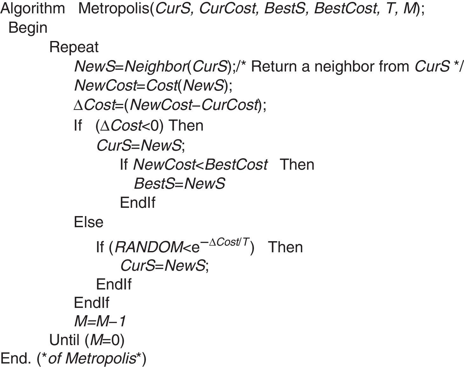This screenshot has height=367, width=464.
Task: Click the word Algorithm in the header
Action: click(32, 9)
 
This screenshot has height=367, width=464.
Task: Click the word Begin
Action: click(28, 28)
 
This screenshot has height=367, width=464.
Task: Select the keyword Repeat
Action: click(74, 47)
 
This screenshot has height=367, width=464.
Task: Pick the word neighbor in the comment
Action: click(344, 67)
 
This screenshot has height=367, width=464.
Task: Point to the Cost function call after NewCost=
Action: click(161, 86)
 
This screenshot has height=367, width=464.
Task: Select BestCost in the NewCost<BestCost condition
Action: click(236, 165)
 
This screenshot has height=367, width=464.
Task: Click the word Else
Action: click(88, 222)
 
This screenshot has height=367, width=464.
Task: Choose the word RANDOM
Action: click(148, 247)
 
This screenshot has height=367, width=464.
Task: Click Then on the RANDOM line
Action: click(285, 247)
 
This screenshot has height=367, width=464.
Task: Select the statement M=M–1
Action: click(100, 322)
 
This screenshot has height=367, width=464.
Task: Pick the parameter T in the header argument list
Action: click(390, 9)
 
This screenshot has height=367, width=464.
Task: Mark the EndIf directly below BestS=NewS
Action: click(137, 203)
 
